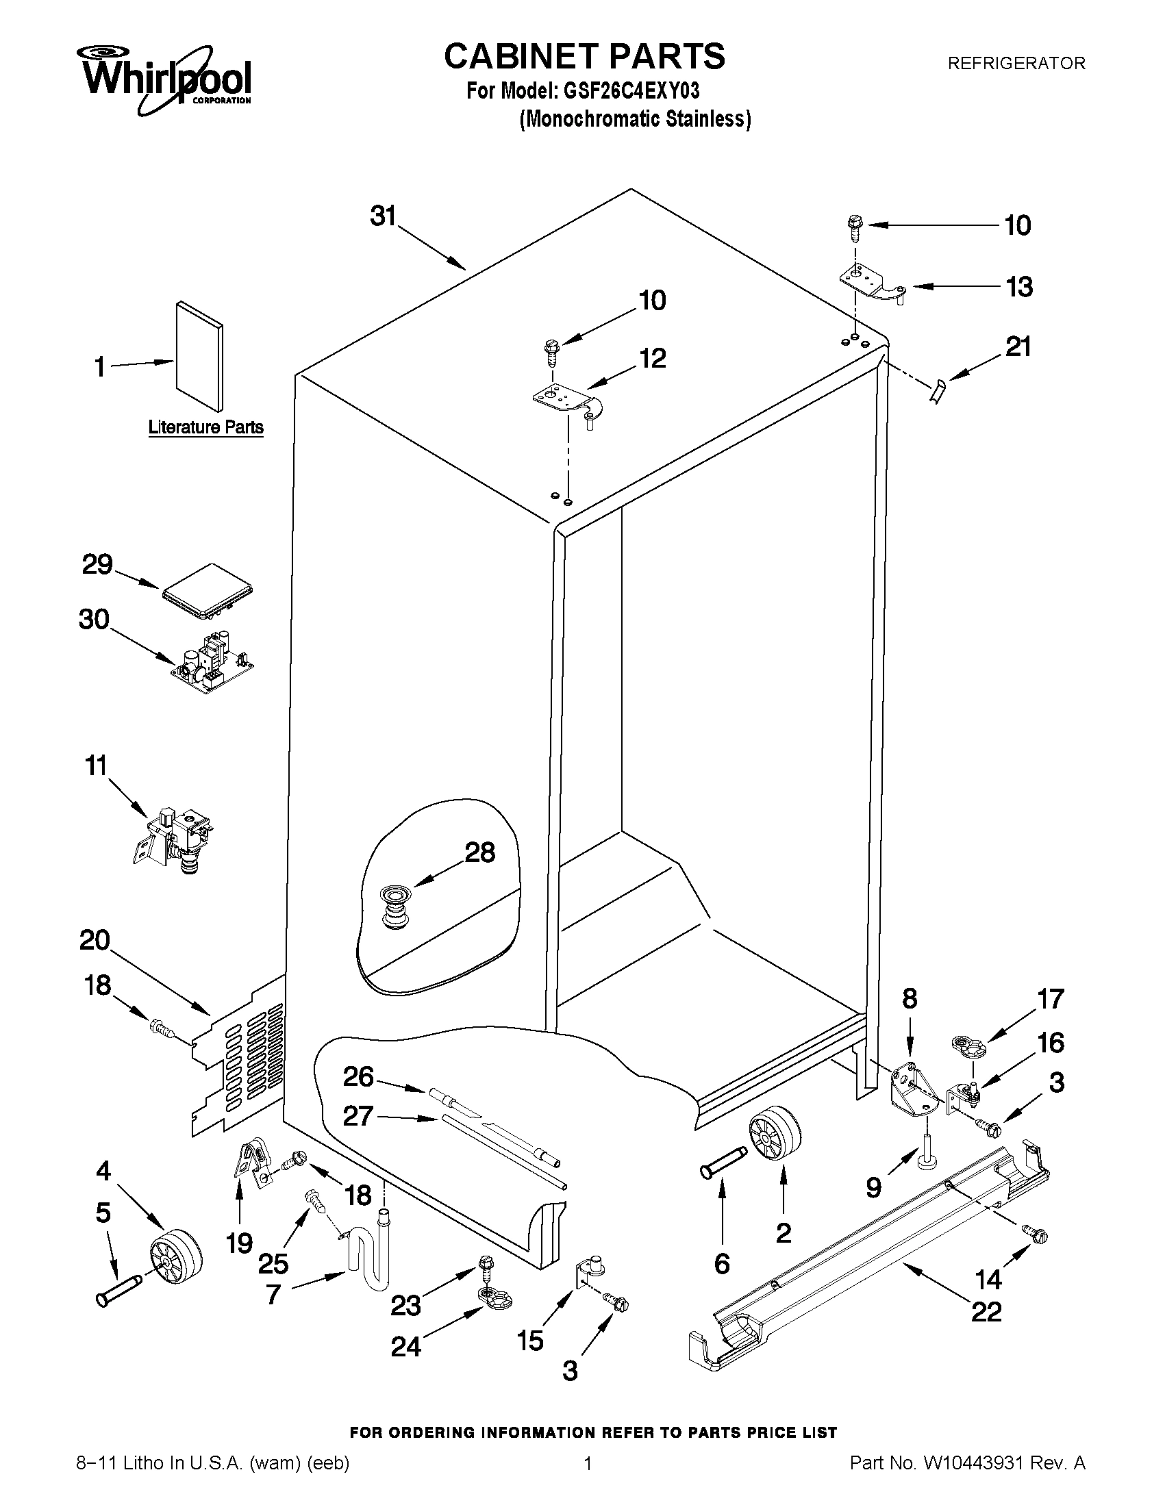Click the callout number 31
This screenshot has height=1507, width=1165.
click(x=383, y=216)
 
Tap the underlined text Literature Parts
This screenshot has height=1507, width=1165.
click(x=205, y=427)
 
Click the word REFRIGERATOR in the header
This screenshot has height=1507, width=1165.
click(x=1016, y=64)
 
